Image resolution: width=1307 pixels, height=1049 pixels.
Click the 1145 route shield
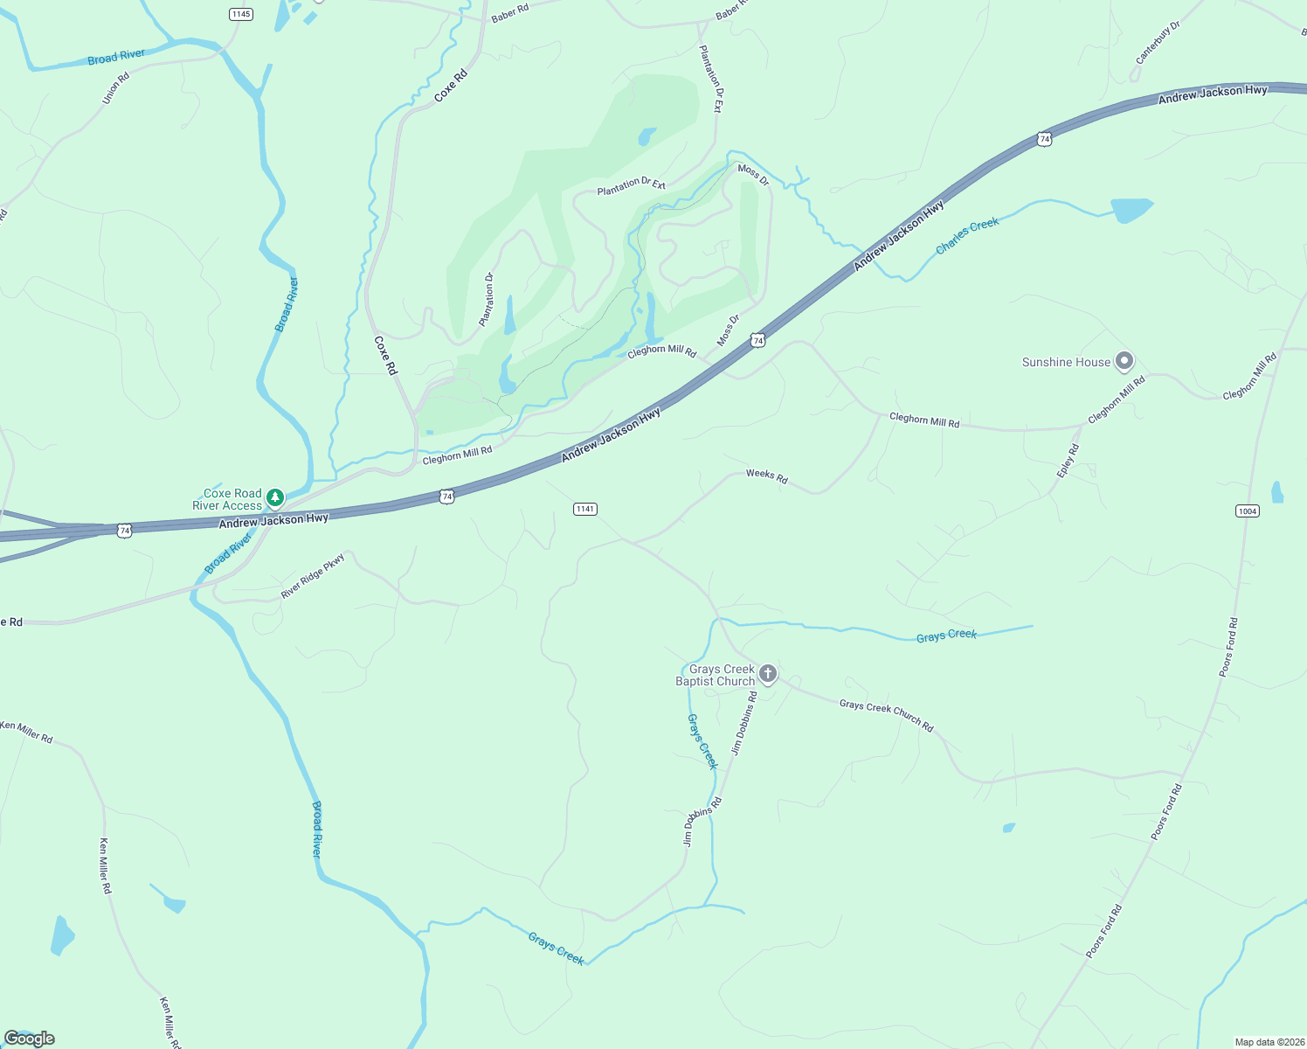tap(241, 14)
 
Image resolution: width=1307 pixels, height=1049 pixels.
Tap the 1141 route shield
tap(585, 509)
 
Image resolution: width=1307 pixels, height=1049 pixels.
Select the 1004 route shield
tap(1248, 511)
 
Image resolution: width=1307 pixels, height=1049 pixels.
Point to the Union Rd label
tap(115, 88)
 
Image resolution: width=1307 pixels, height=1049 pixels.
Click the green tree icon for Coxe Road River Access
tap(275, 498)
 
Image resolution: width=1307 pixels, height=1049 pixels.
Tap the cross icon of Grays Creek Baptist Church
tap(768, 673)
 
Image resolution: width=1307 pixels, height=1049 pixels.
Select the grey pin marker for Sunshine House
tap(1124, 360)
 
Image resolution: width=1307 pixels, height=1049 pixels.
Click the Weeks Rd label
tap(766, 476)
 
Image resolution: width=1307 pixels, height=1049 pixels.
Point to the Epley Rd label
tap(1068, 461)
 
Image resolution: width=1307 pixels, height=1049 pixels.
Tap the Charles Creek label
tap(967, 236)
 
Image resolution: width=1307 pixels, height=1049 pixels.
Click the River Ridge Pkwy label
tap(313, 577)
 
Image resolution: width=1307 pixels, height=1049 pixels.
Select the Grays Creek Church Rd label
tap(886, 715)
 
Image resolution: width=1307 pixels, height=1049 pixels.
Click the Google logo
tap(30, 1039)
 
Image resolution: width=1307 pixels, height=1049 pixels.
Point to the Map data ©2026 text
tap(1269, 1042)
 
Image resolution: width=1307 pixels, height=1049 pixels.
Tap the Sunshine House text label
tap(1066, 362)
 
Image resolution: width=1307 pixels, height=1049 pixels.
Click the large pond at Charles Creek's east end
tap(1131, 210)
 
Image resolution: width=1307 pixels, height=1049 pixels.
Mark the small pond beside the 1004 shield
tap(1277, 493)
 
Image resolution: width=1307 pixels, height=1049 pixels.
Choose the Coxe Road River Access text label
tap(227, 500)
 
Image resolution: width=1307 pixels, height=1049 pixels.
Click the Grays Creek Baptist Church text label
tap(716, 675)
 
